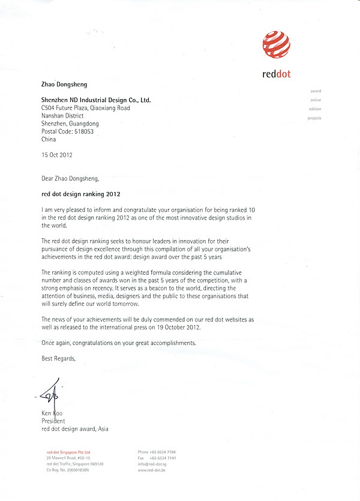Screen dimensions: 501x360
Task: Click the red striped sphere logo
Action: tap(276, 44)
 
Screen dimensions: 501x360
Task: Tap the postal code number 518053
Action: tap(81, 131)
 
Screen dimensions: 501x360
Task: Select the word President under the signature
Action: tap(55, 421)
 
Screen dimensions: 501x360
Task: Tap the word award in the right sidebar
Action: tap(316, 91)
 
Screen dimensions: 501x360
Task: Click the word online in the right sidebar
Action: tap(316, 100)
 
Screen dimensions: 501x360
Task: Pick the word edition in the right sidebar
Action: tap(315, 109)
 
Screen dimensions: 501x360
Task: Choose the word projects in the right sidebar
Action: tap(314, 118)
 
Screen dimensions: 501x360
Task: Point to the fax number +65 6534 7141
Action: tap(163, 458)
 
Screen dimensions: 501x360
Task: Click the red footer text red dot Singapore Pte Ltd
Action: tap(68, 452)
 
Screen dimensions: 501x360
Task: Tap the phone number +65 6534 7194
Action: tap(163, 452)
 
